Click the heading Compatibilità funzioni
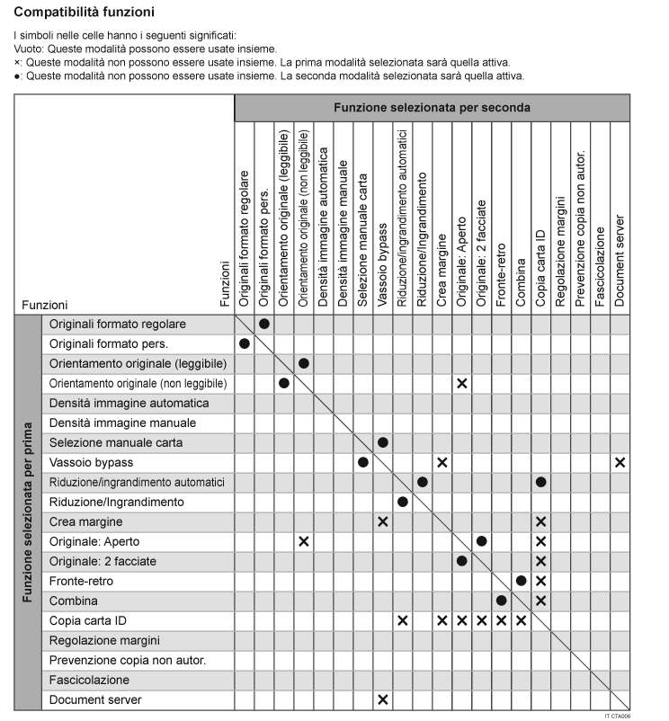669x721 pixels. (x=84, y=13)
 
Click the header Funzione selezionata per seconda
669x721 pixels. (x=432, y=107)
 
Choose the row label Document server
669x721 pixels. (x=95, y=699)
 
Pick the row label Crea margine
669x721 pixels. (x=86, y=521)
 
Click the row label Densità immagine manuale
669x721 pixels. (x=117, y=423)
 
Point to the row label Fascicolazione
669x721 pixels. (x=90, y=680)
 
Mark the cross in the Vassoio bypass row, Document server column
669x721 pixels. (x=620, y=462)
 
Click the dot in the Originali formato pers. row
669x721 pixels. (x=244, y=343)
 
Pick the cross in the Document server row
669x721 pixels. (x=382, y=699)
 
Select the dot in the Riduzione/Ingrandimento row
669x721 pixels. (x=402, y=502)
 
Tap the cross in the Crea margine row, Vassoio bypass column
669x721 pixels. (x=382, y=521)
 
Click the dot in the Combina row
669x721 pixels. (x=501, y=601)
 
